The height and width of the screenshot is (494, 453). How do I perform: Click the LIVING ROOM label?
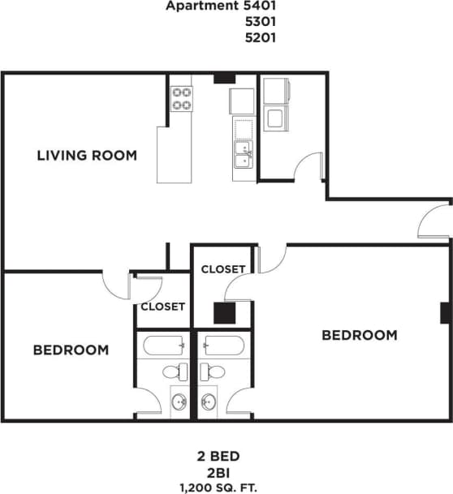[x=87, y=155]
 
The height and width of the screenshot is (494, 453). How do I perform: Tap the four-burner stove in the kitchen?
[x=181, y=99]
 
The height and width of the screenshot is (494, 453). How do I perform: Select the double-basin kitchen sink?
[x=243, y=153]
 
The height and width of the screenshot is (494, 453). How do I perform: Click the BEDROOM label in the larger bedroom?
[x=360, y=335]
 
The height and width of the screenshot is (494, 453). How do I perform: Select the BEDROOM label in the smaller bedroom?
[x=71, y=350]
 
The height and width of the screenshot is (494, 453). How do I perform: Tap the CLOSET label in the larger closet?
[x=223, y=268]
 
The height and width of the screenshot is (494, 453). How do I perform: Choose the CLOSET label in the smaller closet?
[x=162, y=307]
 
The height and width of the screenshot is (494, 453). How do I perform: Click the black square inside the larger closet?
[x=224, y=313]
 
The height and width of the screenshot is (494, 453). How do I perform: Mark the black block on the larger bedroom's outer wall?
[x=444, y=312]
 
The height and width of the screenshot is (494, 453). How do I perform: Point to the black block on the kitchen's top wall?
[x=224, y=79]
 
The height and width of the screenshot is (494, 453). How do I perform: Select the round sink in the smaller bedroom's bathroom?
[x=180, y=401]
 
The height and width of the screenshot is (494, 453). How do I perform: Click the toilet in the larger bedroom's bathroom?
[x=213, y=372]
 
